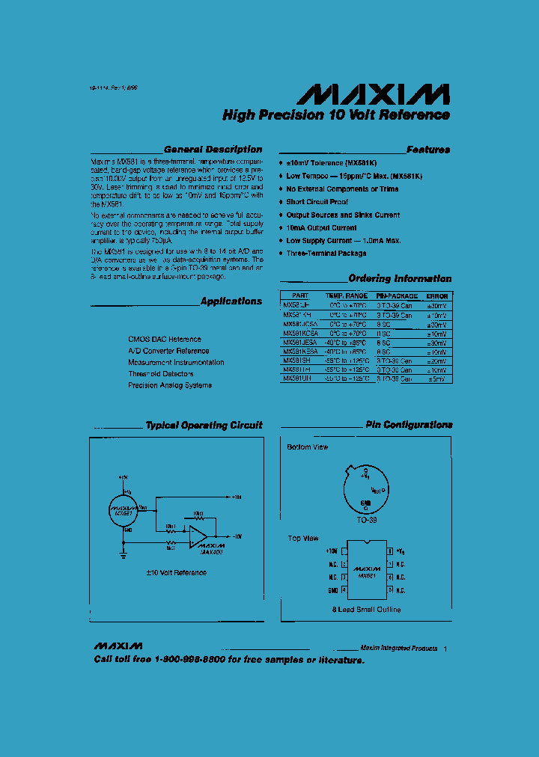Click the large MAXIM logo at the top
[x=374, y=94]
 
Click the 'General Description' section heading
[x=213, y=150]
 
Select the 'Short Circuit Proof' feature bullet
[x=317, y=202]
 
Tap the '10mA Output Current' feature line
[x=321, y=227]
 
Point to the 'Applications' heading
[x=231, y=301]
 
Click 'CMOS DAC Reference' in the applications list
[x=165, y=339]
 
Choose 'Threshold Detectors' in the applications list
[x=160, y=374]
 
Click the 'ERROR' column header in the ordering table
[x=436, y=296]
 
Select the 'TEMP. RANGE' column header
[x=346, y=296]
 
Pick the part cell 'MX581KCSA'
[x=299, y=334]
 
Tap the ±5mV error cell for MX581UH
[x=436, y=379]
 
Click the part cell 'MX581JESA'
[x=299, y=343]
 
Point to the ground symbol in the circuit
[x=122, y=554]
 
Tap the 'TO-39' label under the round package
[x=366, y=518]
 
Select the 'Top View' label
[x=303, y=539]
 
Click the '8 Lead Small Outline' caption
[x=366, y=610]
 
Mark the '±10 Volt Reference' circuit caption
[x=176, y=573]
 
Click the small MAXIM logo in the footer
[x=118, y=646]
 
